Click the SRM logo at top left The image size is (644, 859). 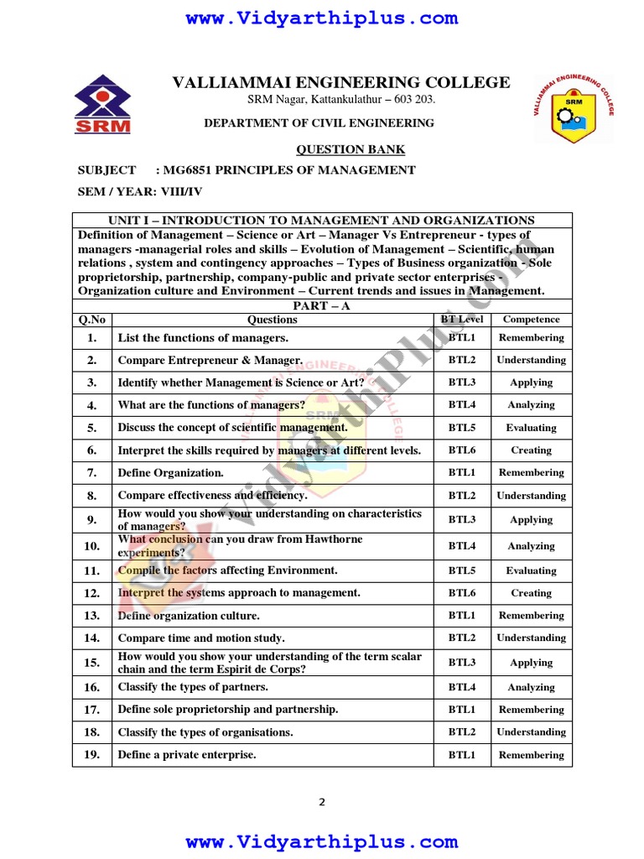tap(103, 105)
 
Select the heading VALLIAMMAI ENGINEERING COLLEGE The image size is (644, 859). tap(340, 82)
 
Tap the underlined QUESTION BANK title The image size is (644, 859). tap(351, 149)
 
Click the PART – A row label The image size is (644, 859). tap(322, 306)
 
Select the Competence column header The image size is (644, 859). tap(531, 320)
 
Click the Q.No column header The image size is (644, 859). tap(92, 320)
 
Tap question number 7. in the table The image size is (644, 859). tap(92, 473)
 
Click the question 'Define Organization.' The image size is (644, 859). tap(171, 473)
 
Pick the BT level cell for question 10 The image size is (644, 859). tap(461, 546)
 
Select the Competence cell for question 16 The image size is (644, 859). tap(531, 688)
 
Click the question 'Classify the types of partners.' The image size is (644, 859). tap(193, 687)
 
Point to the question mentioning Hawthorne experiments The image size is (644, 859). tap(240, 546)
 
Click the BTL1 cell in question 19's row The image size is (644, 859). tap(461, 755)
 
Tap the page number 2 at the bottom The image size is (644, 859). tap(322, 802)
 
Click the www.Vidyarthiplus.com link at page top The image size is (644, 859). tap(322, 18)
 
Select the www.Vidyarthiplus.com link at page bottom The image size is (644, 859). tap(322, 841)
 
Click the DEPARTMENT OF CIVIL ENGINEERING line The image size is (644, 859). tap(319, 123)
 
